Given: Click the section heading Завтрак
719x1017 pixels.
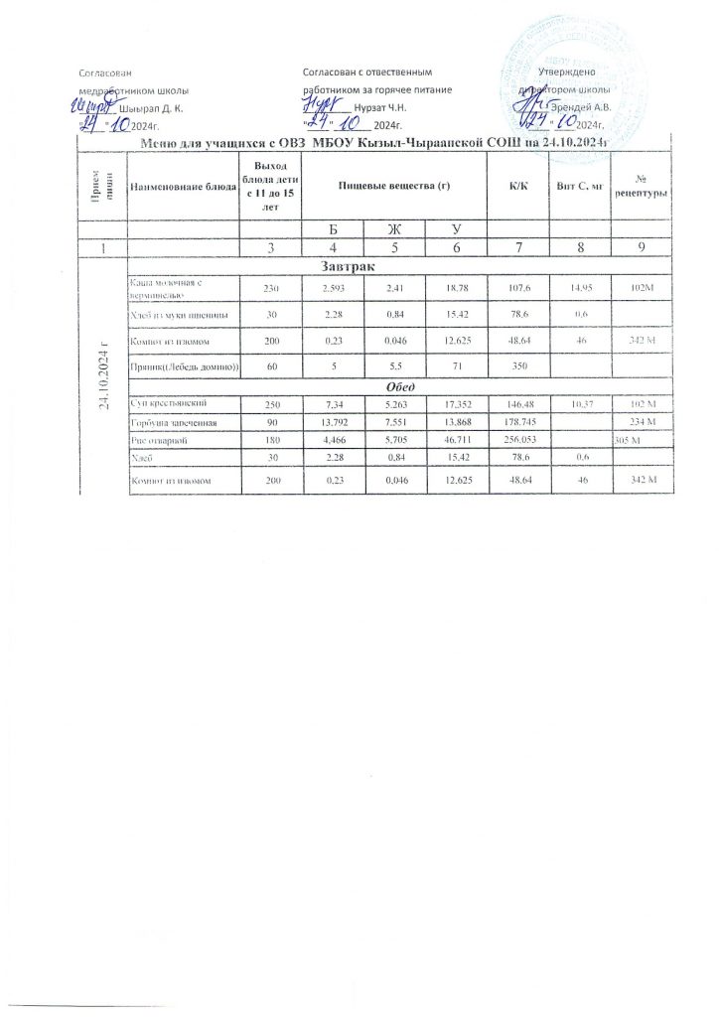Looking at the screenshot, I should coord(345,266).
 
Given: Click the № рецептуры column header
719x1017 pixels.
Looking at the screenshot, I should coord(643,186).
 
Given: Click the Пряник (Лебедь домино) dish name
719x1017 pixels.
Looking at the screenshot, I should coord(183,365).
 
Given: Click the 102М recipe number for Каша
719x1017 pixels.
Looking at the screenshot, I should coord(643,287).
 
